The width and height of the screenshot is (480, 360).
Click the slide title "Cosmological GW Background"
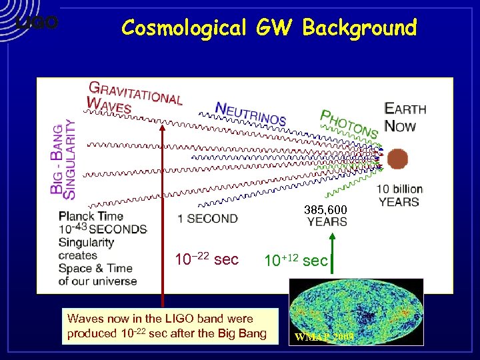coord(269,27)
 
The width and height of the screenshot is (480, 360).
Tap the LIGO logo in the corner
coord(37,23)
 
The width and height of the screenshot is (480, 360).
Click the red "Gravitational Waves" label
coord(135,97)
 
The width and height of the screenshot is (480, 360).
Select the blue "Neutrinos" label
coord(250,114)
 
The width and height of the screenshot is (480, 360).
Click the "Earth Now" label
coord(405,117)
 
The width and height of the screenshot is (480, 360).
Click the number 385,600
coord(325,210)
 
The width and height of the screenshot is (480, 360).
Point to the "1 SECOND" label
coord(207,219)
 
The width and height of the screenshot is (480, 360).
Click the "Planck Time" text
coord(91,216)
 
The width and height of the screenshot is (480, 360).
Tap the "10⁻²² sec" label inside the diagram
coord(206,259)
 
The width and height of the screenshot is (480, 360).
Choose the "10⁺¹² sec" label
coord(295,260)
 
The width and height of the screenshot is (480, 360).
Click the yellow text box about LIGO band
coord(167,326)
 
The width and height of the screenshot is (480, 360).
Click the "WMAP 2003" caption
coord(323,337)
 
